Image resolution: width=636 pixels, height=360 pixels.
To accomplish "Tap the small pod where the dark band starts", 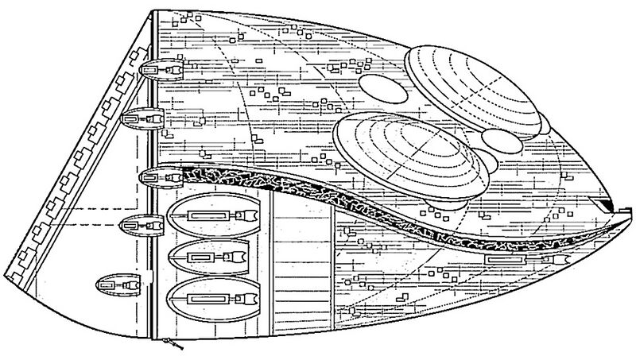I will tap(155, 175).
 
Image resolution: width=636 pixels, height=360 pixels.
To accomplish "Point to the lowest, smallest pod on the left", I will tap(116, 282).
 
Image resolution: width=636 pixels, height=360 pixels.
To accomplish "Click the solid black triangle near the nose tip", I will tap(607, 208).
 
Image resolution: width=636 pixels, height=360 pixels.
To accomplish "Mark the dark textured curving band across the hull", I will tap(358, 206).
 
